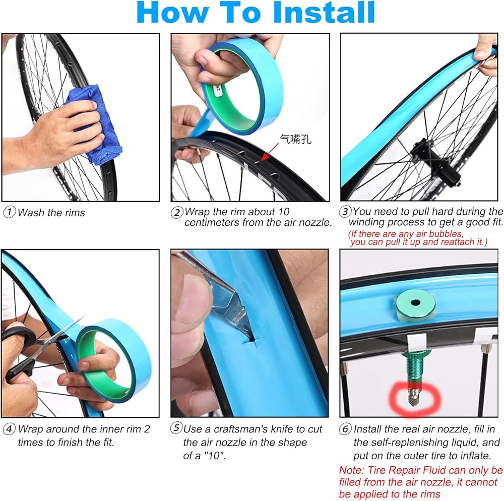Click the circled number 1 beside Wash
coord(9,212)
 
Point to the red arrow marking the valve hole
coord(269,152)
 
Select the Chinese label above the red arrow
coord(295,139)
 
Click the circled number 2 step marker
coord(177,212)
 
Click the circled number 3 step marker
coord(345,212)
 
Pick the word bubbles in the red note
coord(446,234)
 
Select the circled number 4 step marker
coord(9,429)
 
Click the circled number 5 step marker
coord(176,428)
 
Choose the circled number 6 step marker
coord(345,429)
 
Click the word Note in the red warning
coord(351,470)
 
